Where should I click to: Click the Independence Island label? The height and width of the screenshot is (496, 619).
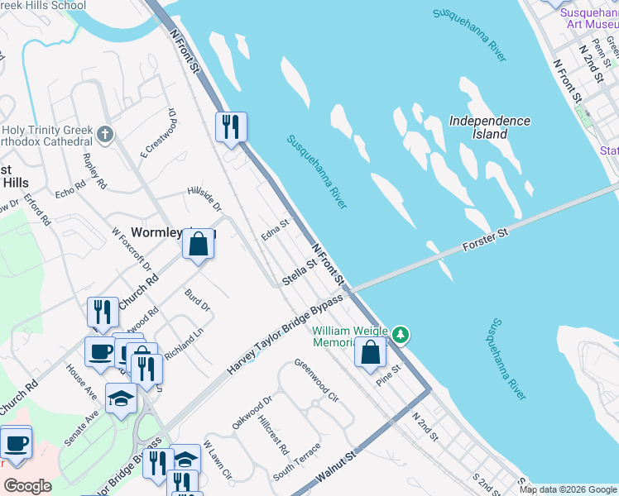[x=489, y=126]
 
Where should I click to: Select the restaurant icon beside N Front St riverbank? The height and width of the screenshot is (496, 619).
[x=231, y=126]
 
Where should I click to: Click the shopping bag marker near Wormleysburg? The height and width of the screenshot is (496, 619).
[x=199, y=245]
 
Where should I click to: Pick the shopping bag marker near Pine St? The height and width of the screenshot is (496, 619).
[x=371, y=352]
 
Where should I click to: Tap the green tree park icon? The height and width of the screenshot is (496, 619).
[x=401, y=334]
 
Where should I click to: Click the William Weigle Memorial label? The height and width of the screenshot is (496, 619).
[x=350, y=336]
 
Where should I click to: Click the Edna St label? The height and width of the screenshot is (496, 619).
[x=274, y=224]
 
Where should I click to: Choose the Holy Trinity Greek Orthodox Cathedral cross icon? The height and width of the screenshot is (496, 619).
[x=104, y=133]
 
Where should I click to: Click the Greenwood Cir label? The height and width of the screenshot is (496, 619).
[x=316, y=379]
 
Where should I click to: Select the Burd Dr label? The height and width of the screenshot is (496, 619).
[x=198, y=299]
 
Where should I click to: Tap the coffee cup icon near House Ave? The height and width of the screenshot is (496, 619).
[x=101, y=351]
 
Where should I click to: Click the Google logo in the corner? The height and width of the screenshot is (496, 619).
[x=28, y=486]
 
